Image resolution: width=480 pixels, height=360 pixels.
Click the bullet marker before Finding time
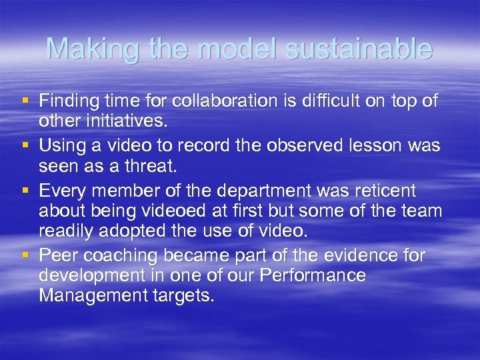26,101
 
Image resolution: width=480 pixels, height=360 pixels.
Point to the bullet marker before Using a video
26,146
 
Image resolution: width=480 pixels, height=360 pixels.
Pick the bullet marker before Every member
26,191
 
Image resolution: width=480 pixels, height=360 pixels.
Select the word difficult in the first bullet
321,101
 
